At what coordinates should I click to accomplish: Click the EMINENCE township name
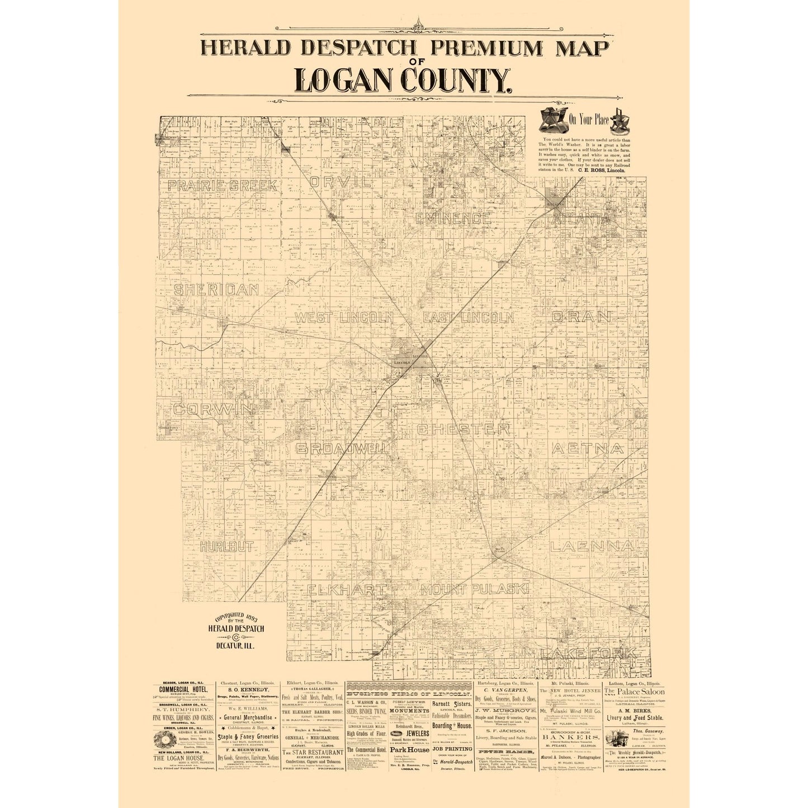pyautogui.click(x=453, y=218)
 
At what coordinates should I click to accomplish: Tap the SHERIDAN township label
pyautogui.click(x=216, y=290)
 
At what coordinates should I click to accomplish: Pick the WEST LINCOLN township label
pyautogui.click(x=344, y=318)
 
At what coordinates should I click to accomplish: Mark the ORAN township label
pyautogui.click(x=582, y=316)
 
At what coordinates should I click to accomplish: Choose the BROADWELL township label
pyautogui.click(x=343, y=448)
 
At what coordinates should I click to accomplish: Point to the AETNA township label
pyautogui.click(x=588, y=448)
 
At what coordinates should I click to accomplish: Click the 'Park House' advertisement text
pyautogui.click(x=409, y=749)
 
